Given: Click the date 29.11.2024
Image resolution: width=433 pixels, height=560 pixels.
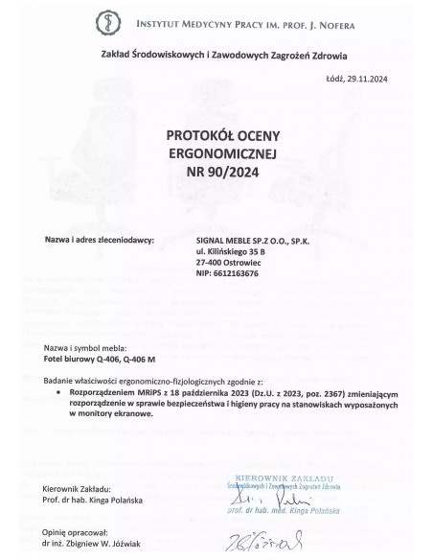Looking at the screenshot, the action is click(375, 80).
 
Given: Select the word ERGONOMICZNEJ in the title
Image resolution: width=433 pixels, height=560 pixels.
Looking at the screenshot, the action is click(216, 154).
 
